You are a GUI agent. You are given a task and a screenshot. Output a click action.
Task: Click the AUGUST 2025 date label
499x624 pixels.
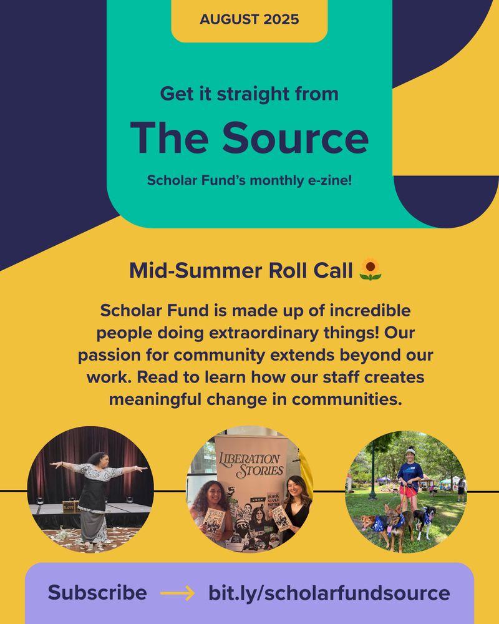[x=249, y=19]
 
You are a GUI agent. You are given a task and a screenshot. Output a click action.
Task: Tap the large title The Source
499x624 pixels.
[x=249, y=137]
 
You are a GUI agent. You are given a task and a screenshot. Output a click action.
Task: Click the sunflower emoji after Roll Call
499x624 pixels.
[x=371, y=270]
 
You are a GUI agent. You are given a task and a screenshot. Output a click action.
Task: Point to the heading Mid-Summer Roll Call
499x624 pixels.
[x=241, y=271]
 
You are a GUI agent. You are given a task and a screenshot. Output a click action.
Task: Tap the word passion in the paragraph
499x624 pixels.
[x=109, y=356]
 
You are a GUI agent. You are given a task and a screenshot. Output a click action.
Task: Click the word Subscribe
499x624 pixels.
[x=97, y=592]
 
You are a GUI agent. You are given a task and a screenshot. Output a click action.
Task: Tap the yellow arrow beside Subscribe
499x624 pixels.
[x=178, y=593]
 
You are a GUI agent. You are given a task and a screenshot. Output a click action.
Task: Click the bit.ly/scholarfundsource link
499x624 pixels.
[x=329, y=593]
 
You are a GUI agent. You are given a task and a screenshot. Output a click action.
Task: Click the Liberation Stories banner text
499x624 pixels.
[x=251, y=464]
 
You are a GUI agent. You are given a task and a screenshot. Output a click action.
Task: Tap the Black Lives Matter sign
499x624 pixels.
[x=273, y=500]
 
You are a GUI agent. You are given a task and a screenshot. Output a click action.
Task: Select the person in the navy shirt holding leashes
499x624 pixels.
[x=410, y=479]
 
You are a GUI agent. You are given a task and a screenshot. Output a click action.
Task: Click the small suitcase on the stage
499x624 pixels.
[x=71, y=506]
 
